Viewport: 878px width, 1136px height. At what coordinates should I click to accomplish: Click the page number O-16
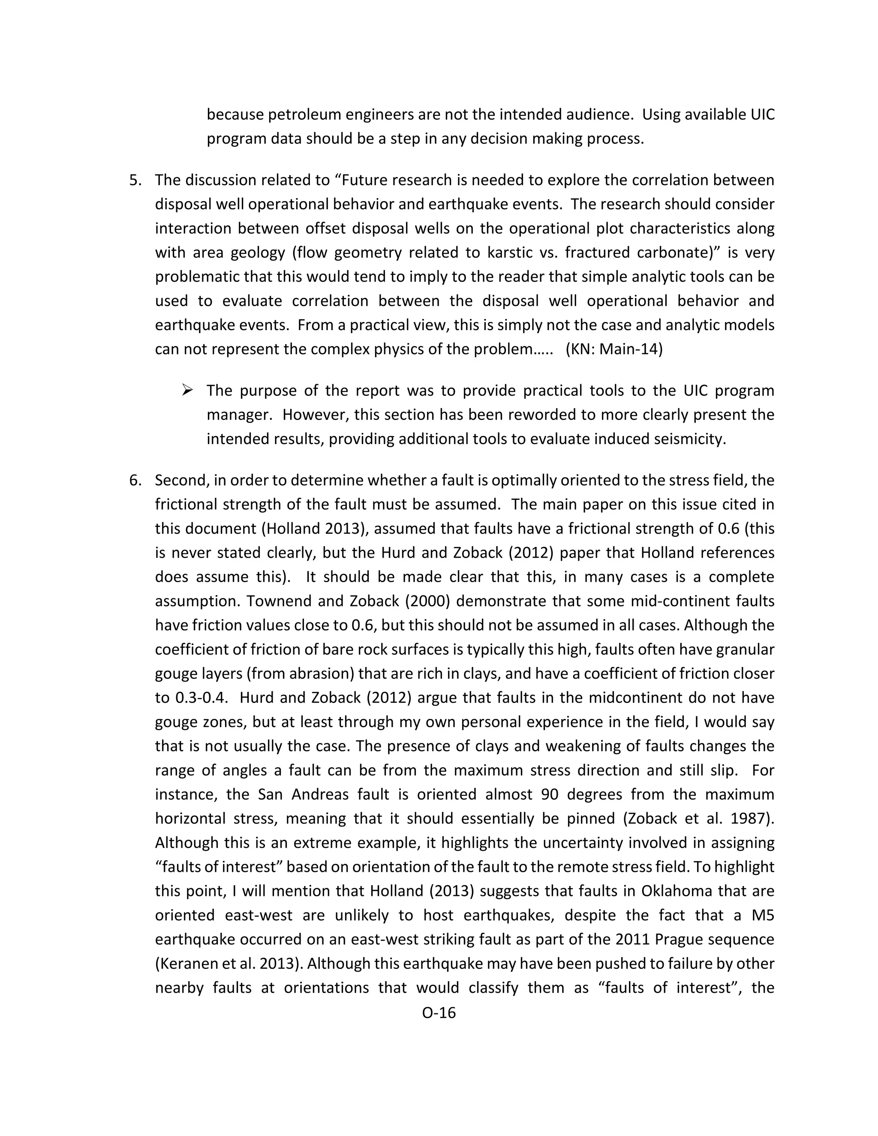[x=439, y=1013]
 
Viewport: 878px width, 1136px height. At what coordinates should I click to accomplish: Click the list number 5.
[x=135, y=180]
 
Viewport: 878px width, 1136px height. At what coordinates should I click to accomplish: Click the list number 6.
[x=135, y=480]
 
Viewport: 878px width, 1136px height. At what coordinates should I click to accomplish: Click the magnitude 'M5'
[x=763, y=916]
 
